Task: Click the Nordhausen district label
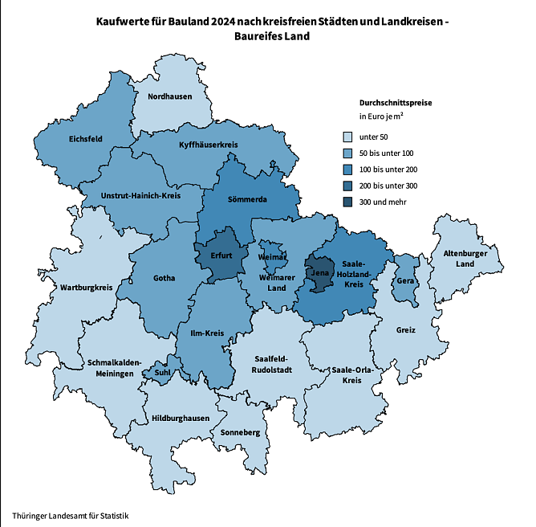tap(169, 96)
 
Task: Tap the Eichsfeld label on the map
tap(85, 138)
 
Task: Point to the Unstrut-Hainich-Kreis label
tap(140, 195)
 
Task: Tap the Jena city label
tap(319, 274)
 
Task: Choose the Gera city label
tap(405, 281)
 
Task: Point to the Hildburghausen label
tap(181, 419)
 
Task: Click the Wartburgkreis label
tap(86, 287)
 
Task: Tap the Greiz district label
tap(406, 330)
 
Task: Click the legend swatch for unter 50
tap(347, 137)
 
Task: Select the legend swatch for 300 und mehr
tap(347, 202)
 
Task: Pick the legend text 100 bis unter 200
tap(388, 170)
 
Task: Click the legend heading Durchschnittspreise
tap(397, 103)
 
